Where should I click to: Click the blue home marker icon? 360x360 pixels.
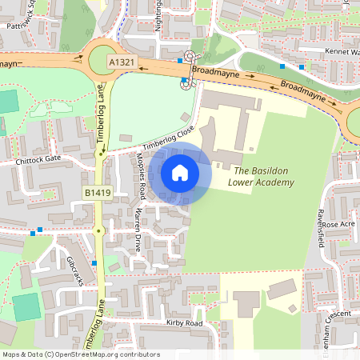(180, 173)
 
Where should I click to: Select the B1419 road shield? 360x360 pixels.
(98, 193)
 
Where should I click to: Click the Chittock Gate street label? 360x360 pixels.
(38, 159)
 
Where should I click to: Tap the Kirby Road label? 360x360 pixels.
(185, 322)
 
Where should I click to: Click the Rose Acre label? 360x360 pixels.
(337, 225)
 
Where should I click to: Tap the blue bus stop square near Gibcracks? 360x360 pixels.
(94, 262)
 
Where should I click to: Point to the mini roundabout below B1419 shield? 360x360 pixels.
(98, 230)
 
